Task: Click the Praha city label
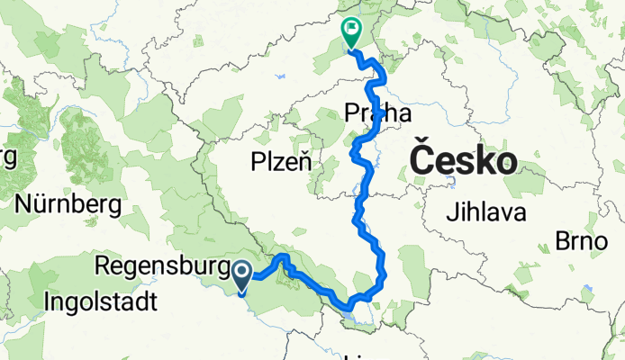point(377,113)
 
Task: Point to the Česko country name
point(463,161)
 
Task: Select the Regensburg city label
point(164,267)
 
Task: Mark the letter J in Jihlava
point(450,213)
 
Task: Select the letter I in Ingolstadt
point(47,299)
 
